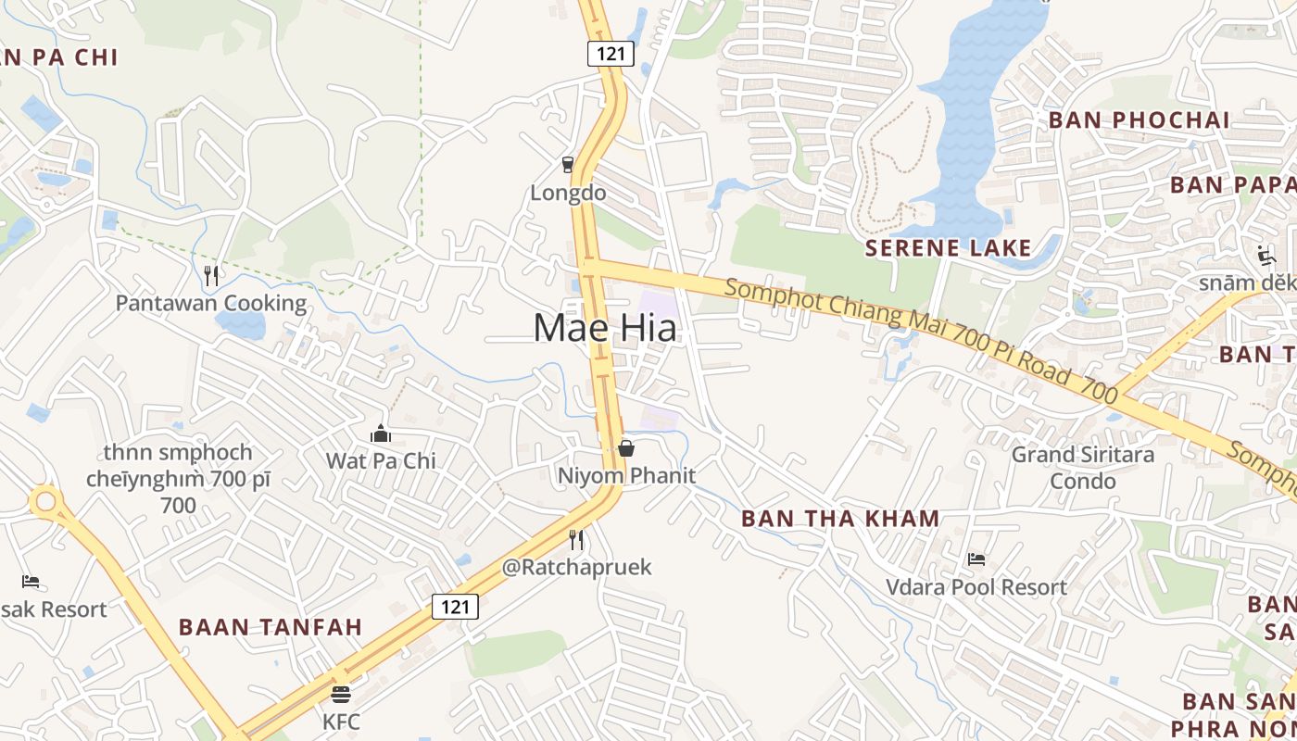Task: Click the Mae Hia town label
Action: pos(605,328)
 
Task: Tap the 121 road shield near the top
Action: pos(611,53)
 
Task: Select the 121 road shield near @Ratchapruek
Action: pos(455,607)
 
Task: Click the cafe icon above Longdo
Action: pos(568,165)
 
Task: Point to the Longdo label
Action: pos(568,193)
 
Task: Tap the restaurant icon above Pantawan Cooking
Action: pos(211,275)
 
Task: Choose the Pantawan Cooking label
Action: pos(211,303)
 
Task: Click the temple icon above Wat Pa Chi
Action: pos(381,433)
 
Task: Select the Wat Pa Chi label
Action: pos(381,460)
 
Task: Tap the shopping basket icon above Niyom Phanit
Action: pos(626,448)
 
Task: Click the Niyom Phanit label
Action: pos(626,475)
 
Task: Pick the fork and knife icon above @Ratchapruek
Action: pos(576,539)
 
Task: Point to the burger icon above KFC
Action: pos(341,694)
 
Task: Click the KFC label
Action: pos(341,721)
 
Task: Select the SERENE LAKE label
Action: pos(948,247)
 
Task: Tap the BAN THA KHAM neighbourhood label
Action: pos(841,519)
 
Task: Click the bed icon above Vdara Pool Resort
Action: pos(976,559)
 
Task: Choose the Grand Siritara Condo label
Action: pos(1083,468)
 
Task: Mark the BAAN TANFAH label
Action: pos(271,627)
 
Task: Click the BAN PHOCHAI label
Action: pos(1139,120)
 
